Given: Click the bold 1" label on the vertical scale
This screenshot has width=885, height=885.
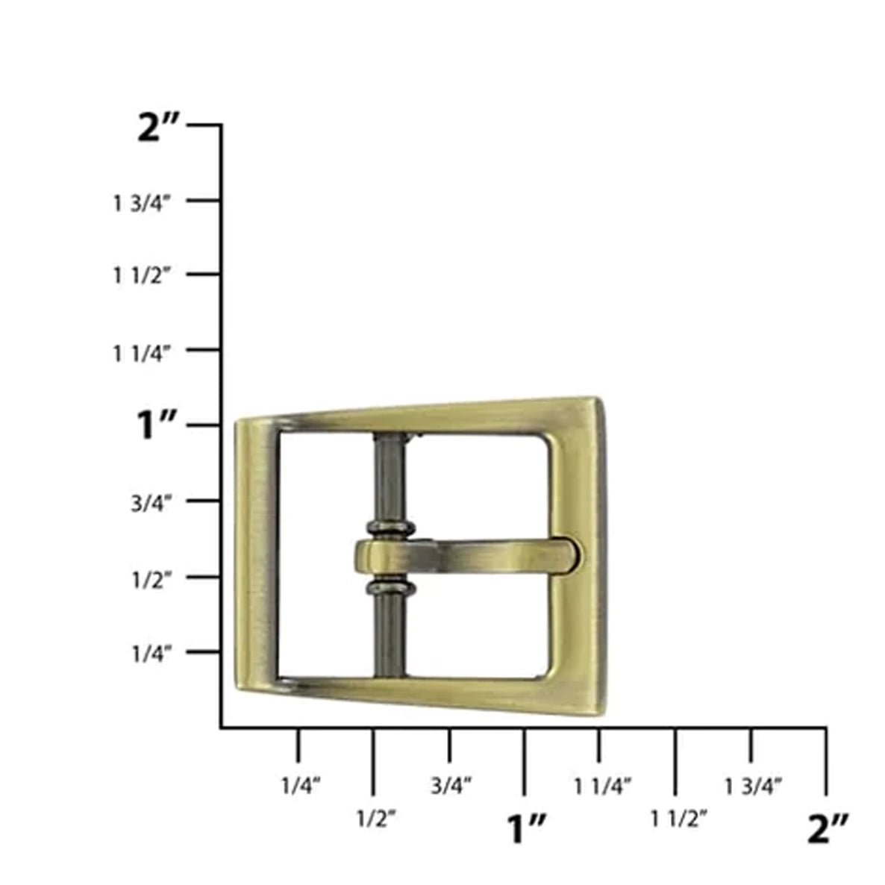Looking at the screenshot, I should [157, 427].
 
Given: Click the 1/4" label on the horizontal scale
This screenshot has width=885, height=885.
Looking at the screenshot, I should [301, 785].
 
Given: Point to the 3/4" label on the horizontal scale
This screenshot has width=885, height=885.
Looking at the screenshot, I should [451, 785].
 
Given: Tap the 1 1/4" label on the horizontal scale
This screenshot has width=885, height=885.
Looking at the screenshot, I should [603, 785].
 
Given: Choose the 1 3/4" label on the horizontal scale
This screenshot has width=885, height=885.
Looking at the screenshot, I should [753, 785].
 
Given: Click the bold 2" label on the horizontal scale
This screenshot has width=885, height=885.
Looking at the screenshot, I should [828, 828].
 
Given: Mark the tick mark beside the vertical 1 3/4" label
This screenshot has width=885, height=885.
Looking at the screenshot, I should [203, 200].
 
